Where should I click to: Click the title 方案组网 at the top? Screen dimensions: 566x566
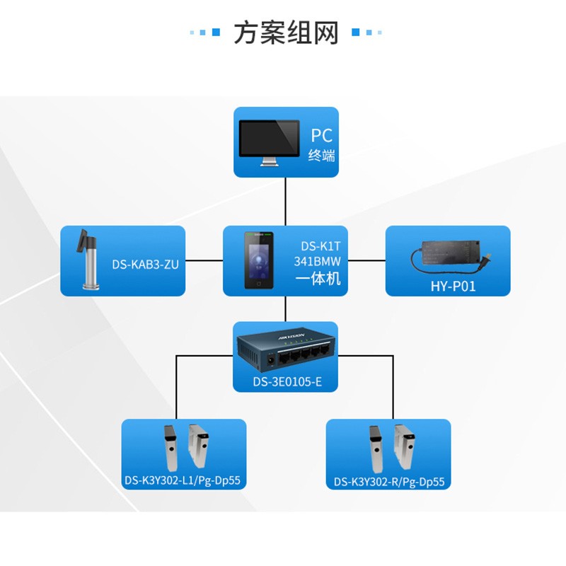pos(286,33)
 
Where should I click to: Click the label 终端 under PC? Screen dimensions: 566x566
pos(321,156)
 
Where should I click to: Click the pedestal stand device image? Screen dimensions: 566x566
pos(88,260)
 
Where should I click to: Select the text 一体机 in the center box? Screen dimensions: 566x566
pos(318,279)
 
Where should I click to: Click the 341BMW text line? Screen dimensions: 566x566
pos(318,262)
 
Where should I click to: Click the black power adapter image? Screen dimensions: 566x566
pos(451,253)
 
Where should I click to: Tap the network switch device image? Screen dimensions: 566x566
pos(286,352)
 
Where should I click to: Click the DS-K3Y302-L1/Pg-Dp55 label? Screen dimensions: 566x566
pos(183,481)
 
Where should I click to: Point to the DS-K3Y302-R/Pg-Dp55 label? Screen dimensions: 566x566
pos(389,482)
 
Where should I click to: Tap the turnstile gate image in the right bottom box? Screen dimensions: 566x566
pos(389,447)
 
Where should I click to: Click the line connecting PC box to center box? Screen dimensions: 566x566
pos(286,202)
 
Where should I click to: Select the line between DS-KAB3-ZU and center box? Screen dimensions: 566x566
pos(204,260)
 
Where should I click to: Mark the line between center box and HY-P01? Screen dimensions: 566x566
pos(367,260)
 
